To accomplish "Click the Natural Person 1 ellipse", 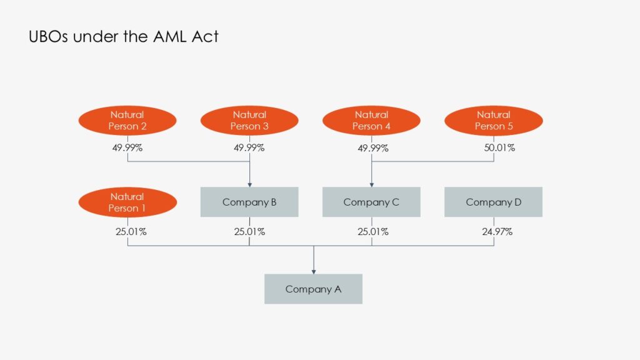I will (x=127, y=202).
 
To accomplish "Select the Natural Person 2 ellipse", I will (x=127, y=121).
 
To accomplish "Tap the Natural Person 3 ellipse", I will (x=249, y=121).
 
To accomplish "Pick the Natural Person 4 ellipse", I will (x=371, y=121).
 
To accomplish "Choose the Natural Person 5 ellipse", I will (x=493, y=121).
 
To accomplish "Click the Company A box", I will (x=313, y=289).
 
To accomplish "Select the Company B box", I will (x=249, y=202).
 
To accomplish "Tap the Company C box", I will (x=371, y=202).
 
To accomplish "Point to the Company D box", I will (x=493, y=202).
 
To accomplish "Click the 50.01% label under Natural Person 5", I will (x=493, y=148).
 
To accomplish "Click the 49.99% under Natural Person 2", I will (x=127, y=148).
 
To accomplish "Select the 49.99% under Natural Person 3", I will (x=249, y=148).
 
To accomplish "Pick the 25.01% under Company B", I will (x=249, y=232).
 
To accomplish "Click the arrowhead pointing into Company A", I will (x=313, y=271).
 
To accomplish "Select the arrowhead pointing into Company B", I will (x=249, y=184).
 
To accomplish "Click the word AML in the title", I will (x=172, y=36).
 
